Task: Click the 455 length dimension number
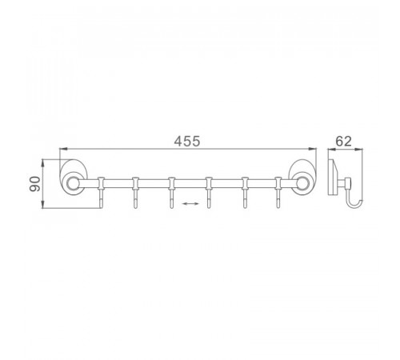coord(186,141)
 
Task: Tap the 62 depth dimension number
coord(343,141)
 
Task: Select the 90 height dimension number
coord(35,184)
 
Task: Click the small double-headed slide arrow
coord(190,204)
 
